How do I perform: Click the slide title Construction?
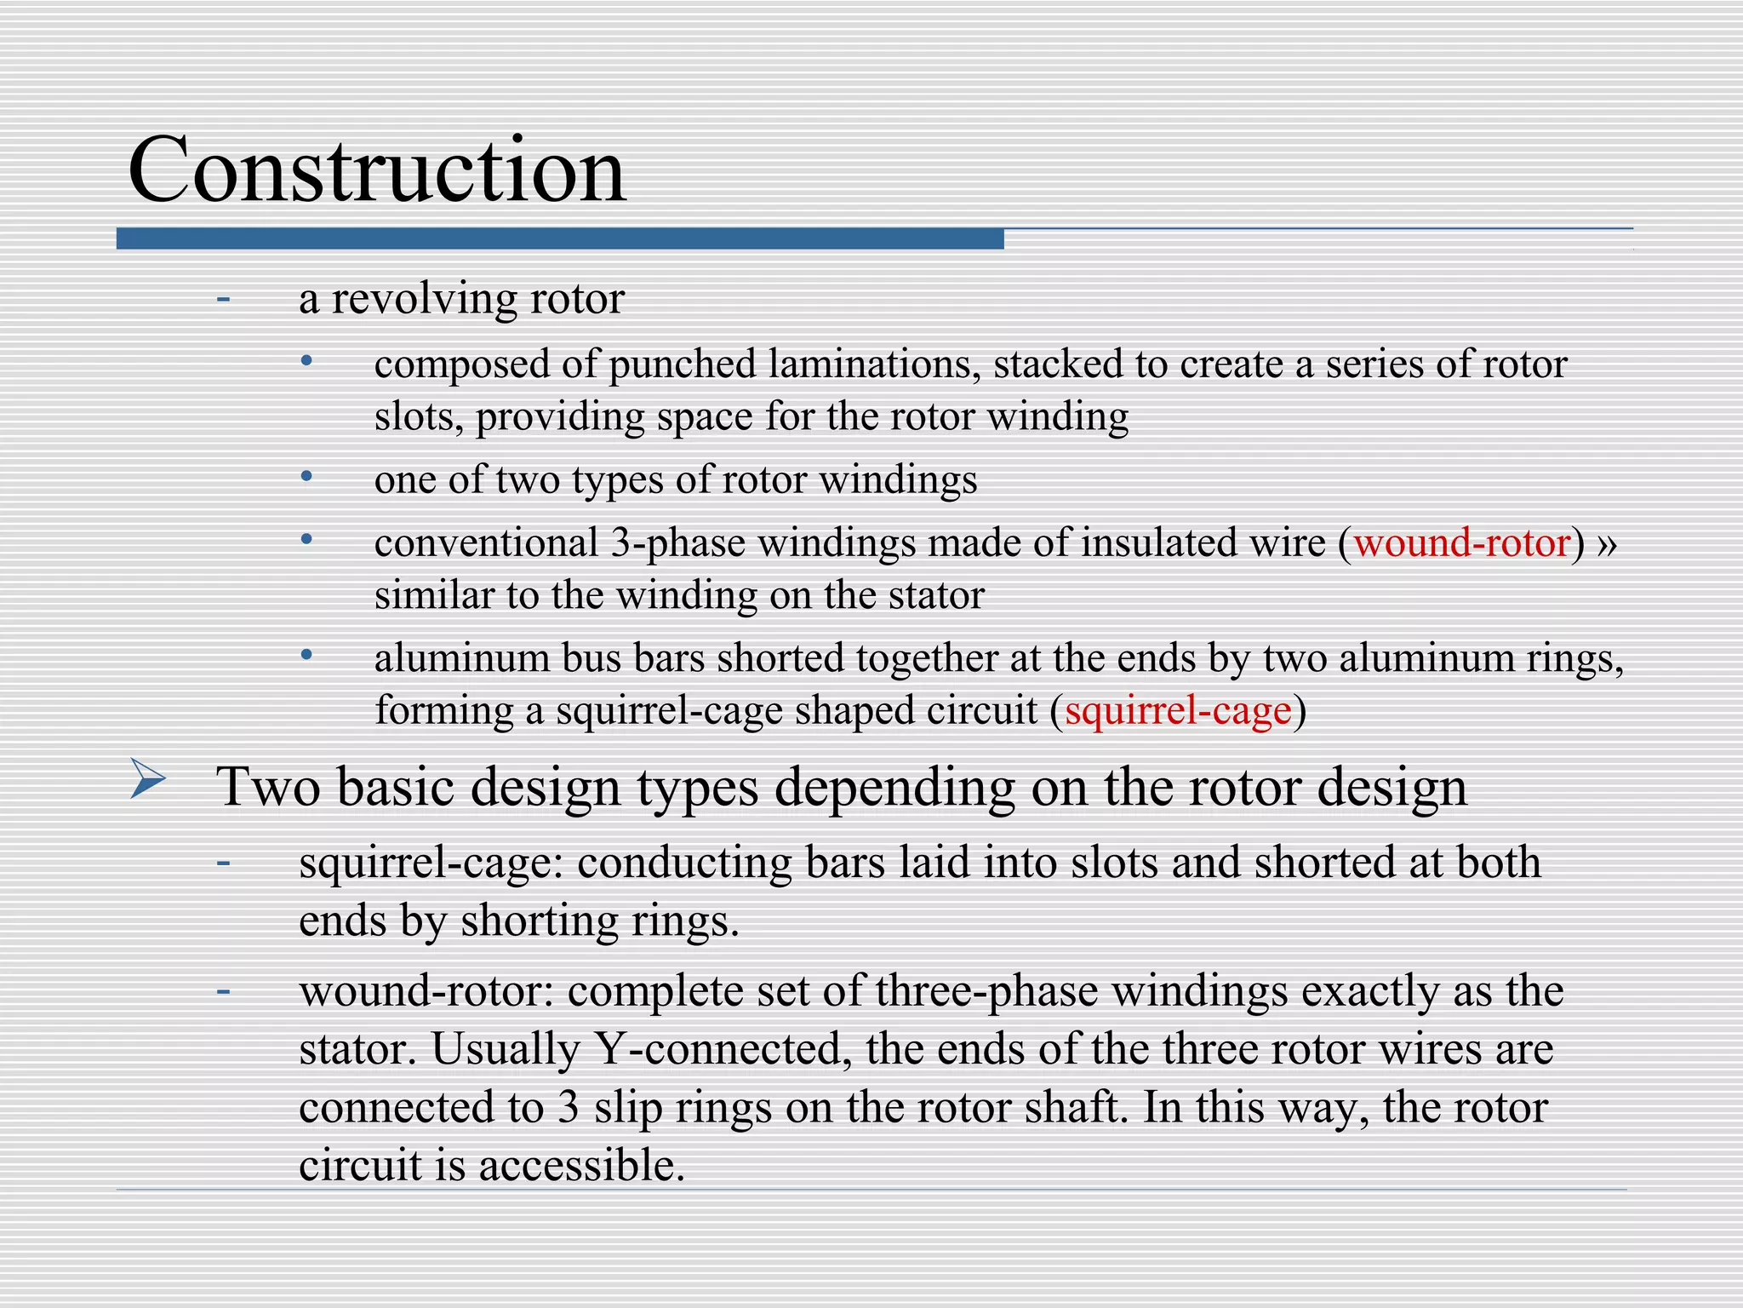pyautogui.click(x=376, y=170)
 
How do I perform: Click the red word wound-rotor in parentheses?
pyautogui.click(x=1461, y=543)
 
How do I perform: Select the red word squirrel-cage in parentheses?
pyautogui.click(x=1178, y=710)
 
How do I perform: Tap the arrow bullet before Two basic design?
pyautogui.click(x=148, y=780)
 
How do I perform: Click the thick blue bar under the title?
pyautogui.click(x=559, y=238)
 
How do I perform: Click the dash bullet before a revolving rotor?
pyautogui.click(x=224, y=299)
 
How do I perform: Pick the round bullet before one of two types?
pyautogui.click(x=307, y=477)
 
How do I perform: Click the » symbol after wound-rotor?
pyautogui.click(x=1607, y=543)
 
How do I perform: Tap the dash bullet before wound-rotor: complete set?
pyautogui.click(x=224, y=991)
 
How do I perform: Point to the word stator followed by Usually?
pyautogui.click(x=357, y=1049)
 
